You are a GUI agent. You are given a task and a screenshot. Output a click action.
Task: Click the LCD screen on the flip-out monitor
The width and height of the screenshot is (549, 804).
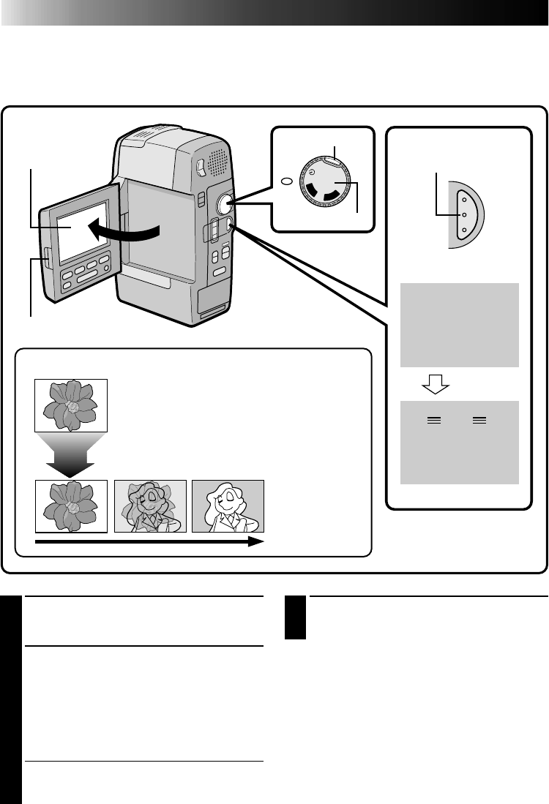(81, 227)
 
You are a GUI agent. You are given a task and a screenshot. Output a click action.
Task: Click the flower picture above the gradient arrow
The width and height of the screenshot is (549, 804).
(72, 405)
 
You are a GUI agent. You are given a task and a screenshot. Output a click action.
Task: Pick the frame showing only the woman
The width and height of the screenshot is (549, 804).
(228, 506)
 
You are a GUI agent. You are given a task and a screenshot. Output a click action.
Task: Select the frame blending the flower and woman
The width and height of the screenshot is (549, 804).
(150, 506)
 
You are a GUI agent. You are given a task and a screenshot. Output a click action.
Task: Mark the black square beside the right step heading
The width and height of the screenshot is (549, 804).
(295, 618)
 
